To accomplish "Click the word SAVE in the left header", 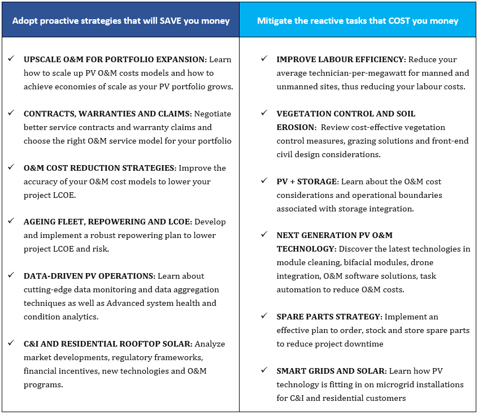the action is click(171, 21).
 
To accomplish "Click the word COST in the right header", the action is click(399, 21).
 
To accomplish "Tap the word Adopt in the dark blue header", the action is click(25, 21).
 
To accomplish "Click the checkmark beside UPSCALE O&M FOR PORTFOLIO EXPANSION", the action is click(11, 58).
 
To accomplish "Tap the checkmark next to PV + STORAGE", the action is click(264, 180).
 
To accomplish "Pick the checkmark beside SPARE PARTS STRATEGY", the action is click(264, 315).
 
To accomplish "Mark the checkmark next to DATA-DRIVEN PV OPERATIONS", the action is click(11, 275).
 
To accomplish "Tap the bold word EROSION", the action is click(296, 127).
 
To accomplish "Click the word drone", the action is click(422, 263).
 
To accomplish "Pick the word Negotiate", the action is click(213, 114).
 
